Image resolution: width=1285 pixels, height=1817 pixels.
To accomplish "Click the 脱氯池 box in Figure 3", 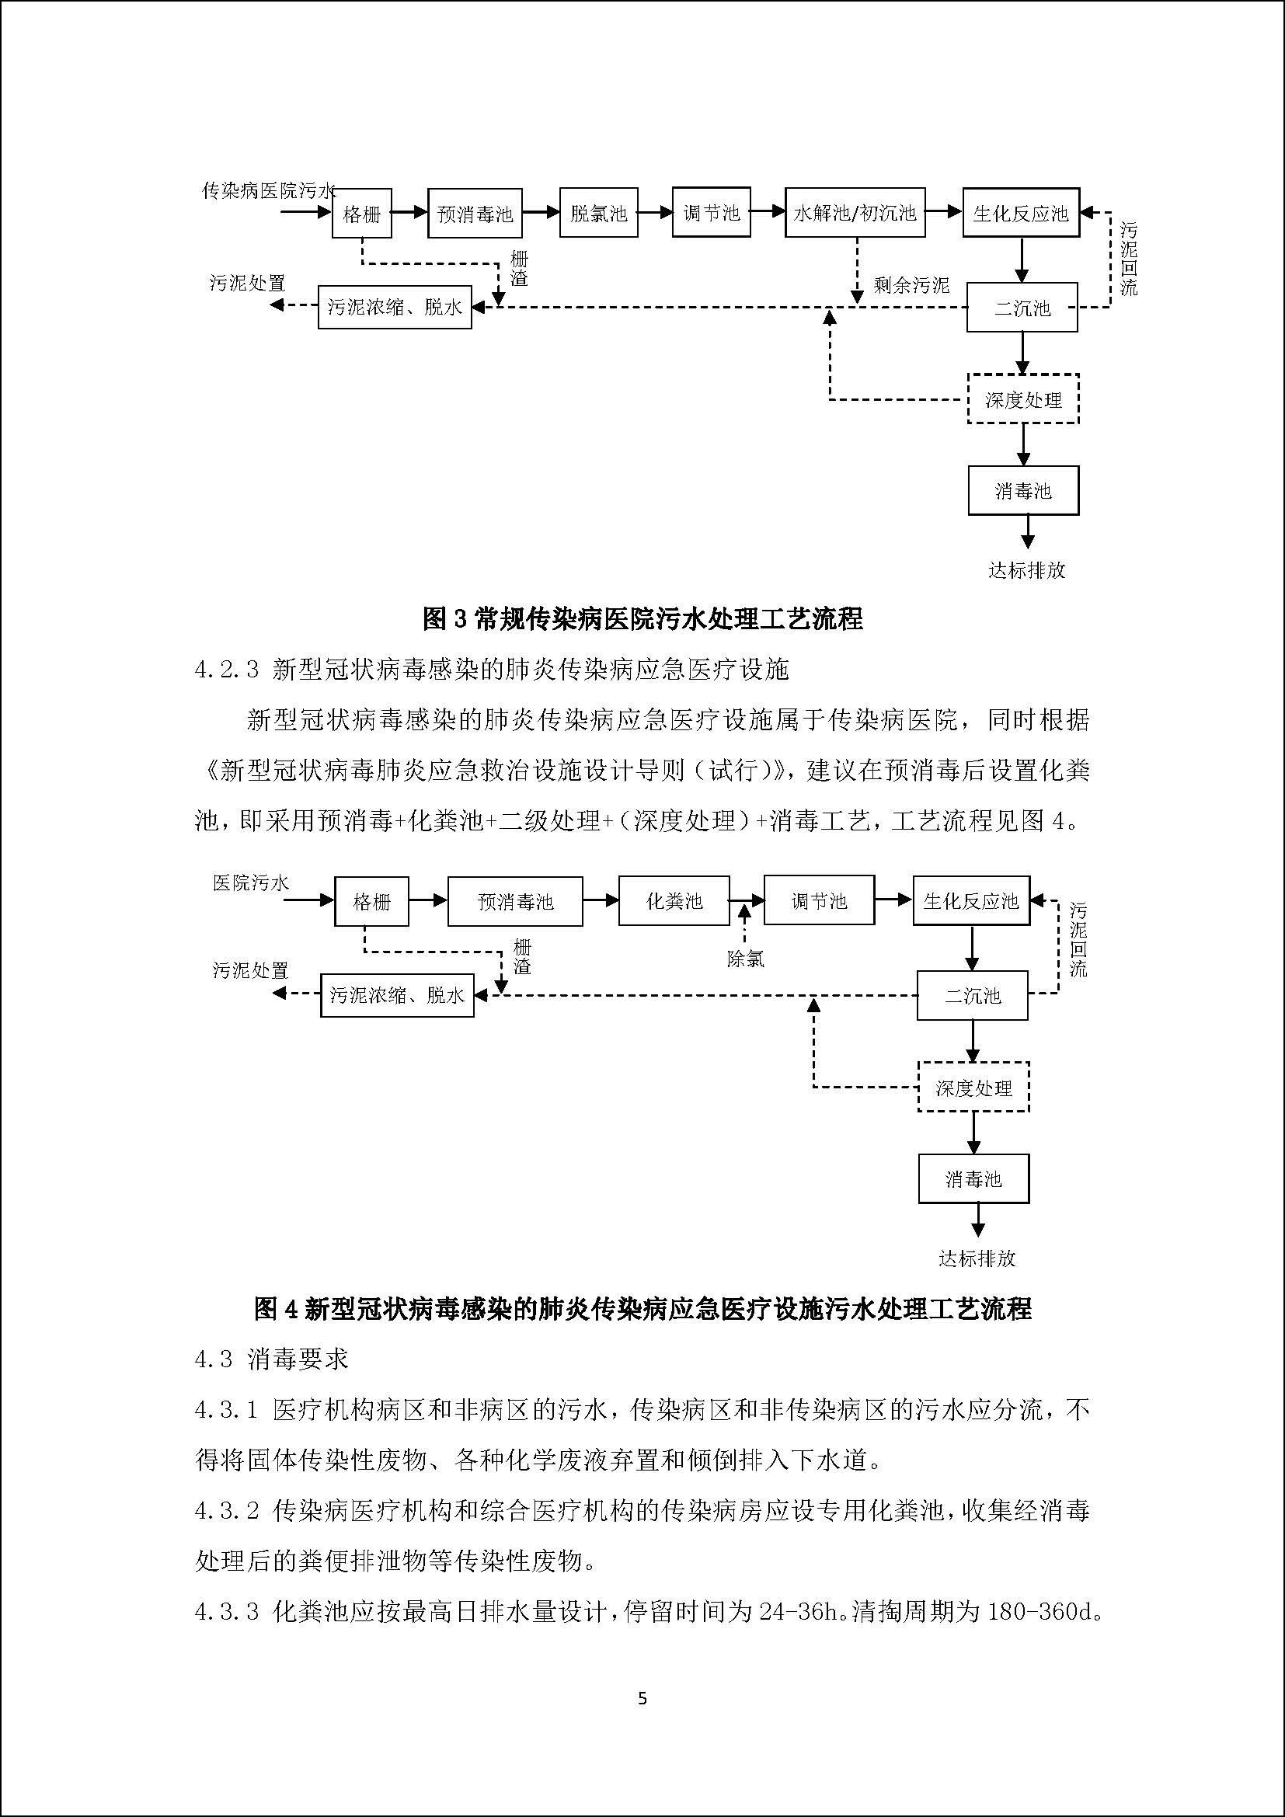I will point(598,213).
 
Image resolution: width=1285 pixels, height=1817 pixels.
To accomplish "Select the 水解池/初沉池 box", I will point(855,213).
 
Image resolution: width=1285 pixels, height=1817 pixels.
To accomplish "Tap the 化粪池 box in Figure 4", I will point(674,900).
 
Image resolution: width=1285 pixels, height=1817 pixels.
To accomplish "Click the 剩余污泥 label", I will point(911,285).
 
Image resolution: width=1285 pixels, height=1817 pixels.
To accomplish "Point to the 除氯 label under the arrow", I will point(745,959).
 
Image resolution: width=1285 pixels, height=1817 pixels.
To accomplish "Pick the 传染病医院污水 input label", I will point(268,191).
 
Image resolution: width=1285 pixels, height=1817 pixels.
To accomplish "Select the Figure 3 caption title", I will point(642,618).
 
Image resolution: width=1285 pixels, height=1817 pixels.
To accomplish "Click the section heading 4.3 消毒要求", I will point(270,1359).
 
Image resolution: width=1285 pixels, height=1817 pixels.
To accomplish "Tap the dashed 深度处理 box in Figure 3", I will point(1023,399).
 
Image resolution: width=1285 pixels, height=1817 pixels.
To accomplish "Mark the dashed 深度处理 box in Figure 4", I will point(973,1088).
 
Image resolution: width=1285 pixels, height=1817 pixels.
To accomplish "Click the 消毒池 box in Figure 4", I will point(973,1179).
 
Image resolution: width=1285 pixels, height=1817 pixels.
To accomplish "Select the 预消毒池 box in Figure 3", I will point(475,213).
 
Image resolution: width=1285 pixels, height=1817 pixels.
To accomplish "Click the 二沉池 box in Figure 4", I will point(973,996).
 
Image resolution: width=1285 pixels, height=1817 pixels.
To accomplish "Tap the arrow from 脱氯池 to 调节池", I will point(654,212).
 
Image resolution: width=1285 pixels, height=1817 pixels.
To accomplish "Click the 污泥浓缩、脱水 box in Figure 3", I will point(394,307).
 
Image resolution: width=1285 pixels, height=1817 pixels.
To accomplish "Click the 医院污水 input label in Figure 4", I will point(251,882).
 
